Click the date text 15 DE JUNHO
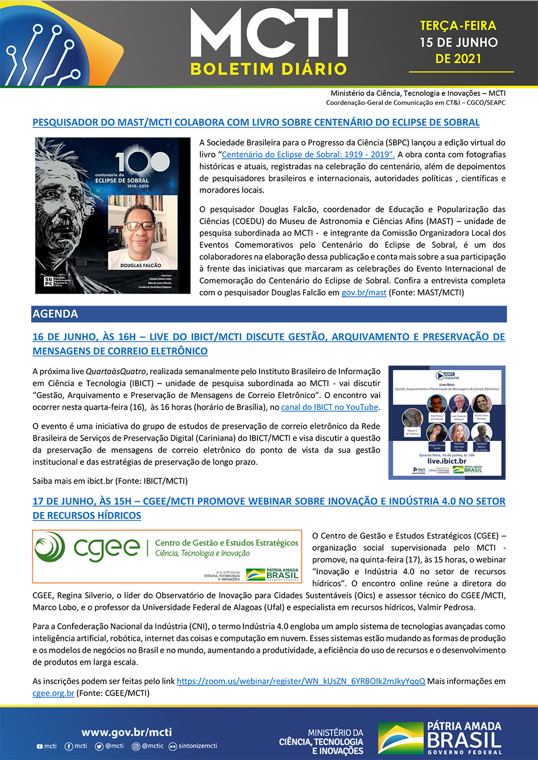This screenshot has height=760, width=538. pos(458,42)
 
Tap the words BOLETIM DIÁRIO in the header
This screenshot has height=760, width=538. pos(268,69)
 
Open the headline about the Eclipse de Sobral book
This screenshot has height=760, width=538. pos(256,122)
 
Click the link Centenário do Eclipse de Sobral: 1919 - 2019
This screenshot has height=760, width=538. pos(308,155)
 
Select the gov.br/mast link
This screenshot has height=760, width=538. pos(364,293)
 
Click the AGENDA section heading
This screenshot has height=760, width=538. pos(55,314)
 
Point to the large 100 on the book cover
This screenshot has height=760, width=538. pos(135,162)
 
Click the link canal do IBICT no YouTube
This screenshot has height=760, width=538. pos(330,407)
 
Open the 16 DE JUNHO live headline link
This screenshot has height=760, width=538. pos(269,344)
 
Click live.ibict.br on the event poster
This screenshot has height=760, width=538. pos(447,461)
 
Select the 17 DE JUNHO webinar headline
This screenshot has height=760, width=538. pos(269,508)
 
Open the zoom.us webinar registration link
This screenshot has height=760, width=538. pos(301,681)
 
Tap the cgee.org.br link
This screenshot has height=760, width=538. pos(53,693)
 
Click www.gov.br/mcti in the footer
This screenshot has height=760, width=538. pos(127,732)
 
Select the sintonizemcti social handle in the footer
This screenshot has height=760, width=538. pos(197,746)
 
